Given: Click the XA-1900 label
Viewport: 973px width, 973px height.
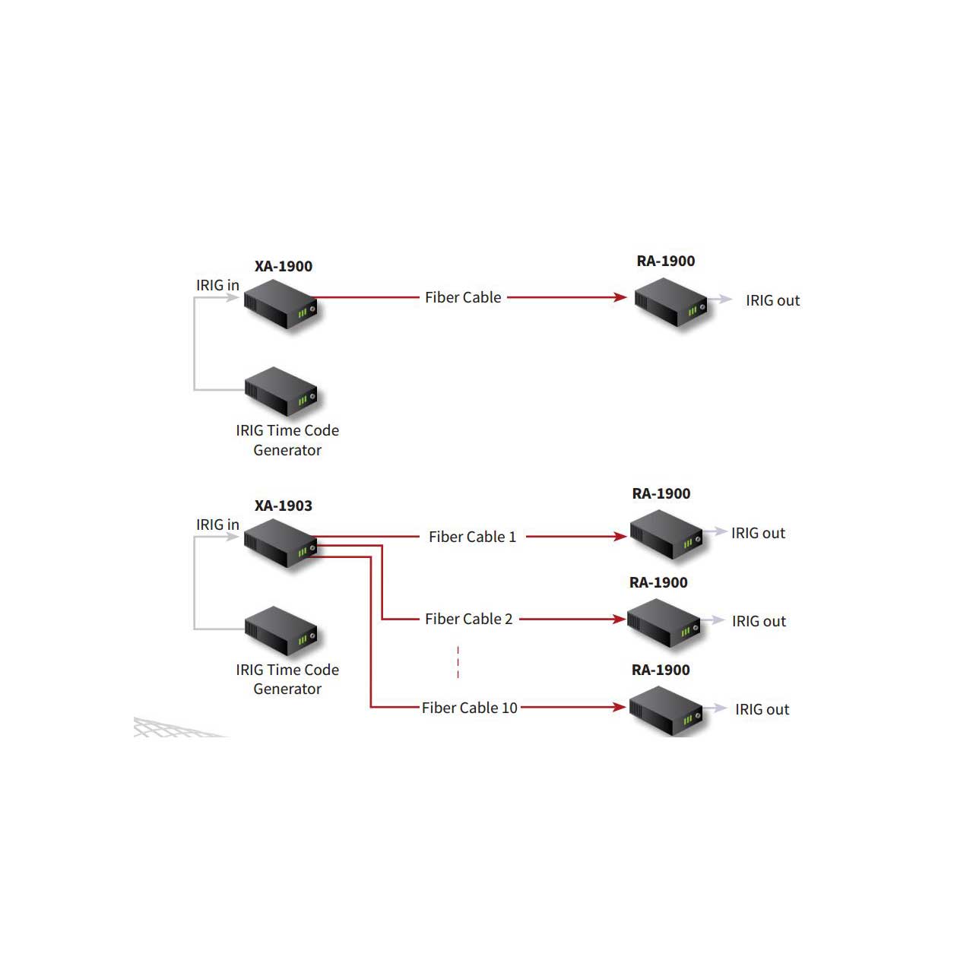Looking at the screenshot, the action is (x=284, y=266).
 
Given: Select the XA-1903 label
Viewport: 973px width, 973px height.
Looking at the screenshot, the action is (x=284, y=506).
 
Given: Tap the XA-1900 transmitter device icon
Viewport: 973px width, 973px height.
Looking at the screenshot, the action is (x=280, y=304).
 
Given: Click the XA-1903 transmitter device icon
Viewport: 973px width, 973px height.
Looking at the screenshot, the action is (x=280, y=544).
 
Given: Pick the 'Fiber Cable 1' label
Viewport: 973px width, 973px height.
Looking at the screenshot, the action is (x=473, y=537).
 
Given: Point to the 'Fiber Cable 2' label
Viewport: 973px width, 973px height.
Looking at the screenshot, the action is (x=468, y=619).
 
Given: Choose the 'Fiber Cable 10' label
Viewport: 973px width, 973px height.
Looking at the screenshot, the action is (x=470, y=708).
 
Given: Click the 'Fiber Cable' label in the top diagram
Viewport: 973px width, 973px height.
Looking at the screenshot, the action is (x=463, y=297).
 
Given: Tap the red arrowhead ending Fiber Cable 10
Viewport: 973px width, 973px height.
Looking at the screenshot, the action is (x=620, y=707).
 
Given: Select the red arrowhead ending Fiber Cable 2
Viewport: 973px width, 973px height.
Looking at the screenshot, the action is (x=620, y=619).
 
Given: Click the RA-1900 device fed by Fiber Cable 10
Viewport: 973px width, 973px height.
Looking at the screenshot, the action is (x=666, y=711).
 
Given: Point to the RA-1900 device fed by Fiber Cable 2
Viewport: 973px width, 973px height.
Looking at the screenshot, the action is (x=664, y=623).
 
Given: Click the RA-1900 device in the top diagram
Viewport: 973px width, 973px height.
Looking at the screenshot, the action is (x=671, y=302).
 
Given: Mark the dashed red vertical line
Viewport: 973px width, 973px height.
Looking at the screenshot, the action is (x=458, y=662).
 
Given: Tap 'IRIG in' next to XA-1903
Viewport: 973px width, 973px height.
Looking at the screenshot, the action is (x=217, y=525).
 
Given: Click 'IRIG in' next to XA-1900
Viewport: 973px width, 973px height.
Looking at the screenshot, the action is (x=217, y=285).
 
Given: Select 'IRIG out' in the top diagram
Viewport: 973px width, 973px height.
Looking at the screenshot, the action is (x=773, y=300).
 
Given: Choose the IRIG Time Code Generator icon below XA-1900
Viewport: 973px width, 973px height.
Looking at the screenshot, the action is (x=281, y=391).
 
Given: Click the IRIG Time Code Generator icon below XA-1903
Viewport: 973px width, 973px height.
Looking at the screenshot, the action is (x=281, y=631).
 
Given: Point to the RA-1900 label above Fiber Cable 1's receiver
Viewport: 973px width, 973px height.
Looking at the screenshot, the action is (x=661, y=493).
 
